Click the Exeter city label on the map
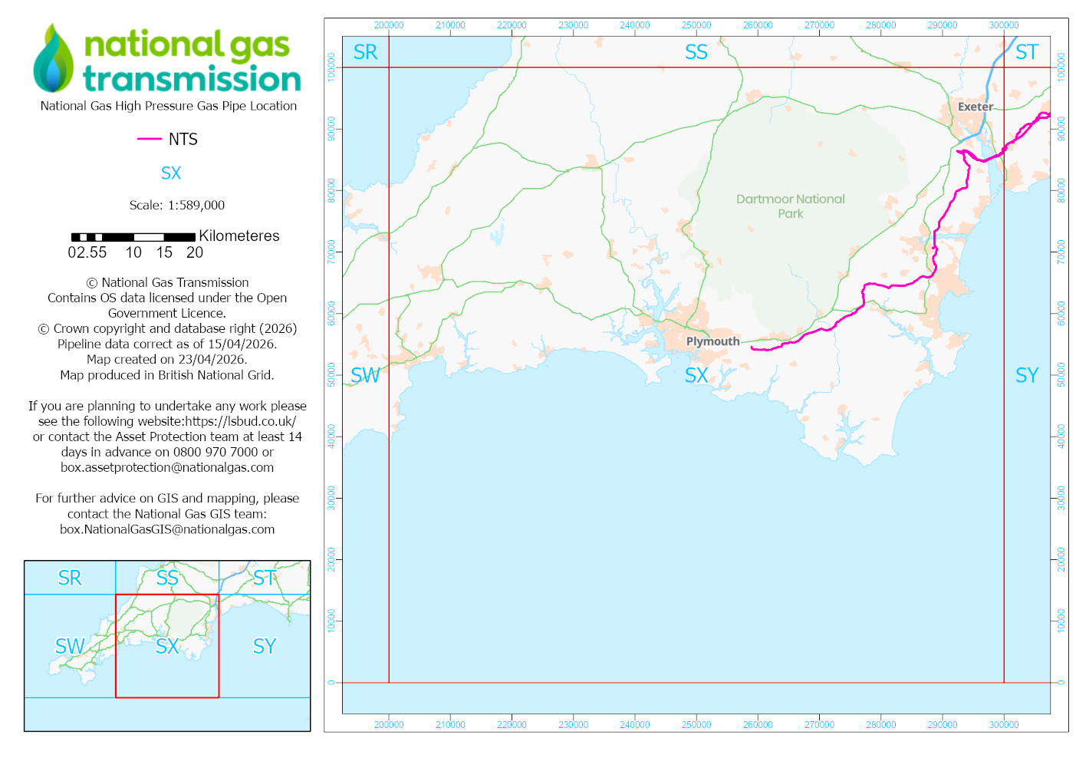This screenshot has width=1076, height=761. pyautogui.click(x=975, y=107)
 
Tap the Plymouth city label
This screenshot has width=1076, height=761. pyautogui.click(x=712, y=341)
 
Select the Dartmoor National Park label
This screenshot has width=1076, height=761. pyautogui.click(x=790, y=206)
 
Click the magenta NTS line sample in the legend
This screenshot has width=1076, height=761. pyautogui.click(x=149, y=139)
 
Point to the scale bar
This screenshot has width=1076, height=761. pyautogui.click(x=133, y=237)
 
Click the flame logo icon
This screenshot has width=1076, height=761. pyautogui.click(x=53, y=59)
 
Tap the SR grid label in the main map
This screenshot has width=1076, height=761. pyautogui.click(x=365, y=52)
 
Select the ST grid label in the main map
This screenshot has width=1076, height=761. pyautogui.click(x=1026, y=52)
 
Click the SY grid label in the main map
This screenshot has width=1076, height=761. pyautogui.click(x=1026, y=375)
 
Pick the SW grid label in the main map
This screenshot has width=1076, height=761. pyautogui.click(x=365, y=375)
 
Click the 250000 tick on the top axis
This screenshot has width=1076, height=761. pyautogui.click(x=696, y=25)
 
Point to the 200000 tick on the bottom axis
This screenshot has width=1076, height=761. pyautogui.click(x=389, y=724)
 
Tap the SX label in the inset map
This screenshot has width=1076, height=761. pyautogui.click(x=167, y=646)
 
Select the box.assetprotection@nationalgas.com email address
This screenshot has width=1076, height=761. pyautogui.click(x=167, y=467)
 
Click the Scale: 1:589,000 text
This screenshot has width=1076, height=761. pyautogui.click(x=177, y=205)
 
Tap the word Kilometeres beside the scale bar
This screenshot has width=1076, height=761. pyautogui.click(x=239, y=236)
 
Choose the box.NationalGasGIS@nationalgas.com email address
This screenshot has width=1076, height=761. pyautogui.click(x=167, y=529)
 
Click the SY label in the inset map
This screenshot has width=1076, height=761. pyautogui.click(x=265, y=646)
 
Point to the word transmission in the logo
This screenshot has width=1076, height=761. pyautogui.click(x=192, y=79)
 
